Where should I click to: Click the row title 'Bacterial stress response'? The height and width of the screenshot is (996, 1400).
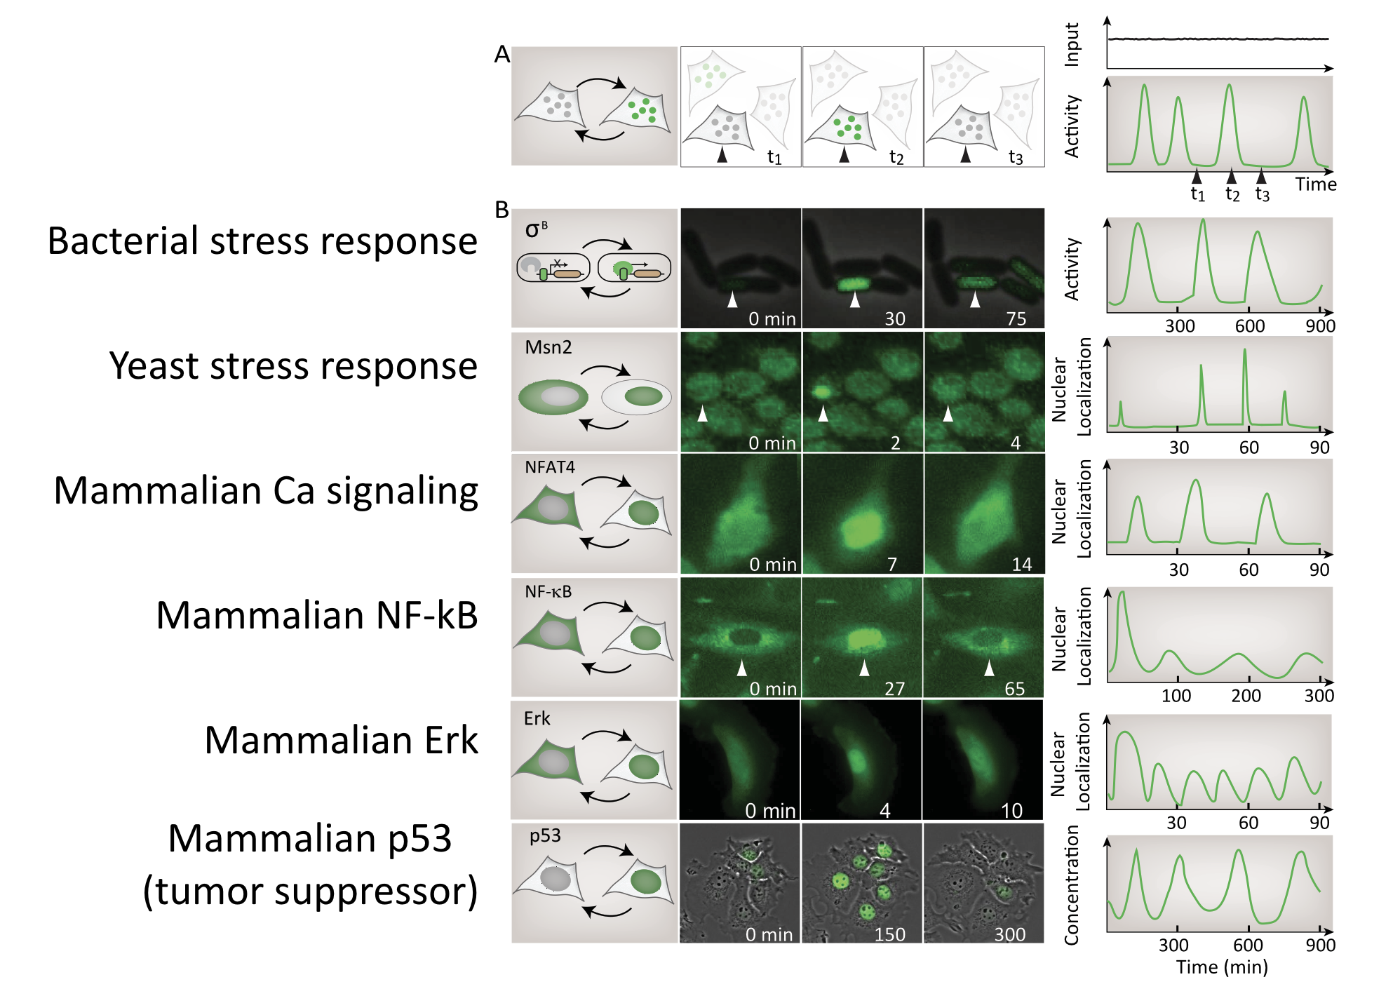262,241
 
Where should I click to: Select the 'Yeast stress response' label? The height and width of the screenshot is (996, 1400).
293,366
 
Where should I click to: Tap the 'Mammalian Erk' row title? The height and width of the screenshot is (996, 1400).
341,740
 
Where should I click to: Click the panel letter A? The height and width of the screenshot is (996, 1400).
502,55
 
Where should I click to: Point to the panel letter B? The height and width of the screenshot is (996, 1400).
502,210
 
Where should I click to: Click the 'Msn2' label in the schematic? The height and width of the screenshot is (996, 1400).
548,347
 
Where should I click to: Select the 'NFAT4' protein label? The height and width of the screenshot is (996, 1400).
549,467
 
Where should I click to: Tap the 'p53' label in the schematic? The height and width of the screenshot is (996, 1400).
545,836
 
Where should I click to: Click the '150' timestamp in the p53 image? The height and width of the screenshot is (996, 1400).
889,934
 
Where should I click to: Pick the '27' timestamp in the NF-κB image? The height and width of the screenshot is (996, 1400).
894,689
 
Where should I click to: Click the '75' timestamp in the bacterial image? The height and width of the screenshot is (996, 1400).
1016,319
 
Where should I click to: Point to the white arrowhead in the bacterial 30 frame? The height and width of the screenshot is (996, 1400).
854,300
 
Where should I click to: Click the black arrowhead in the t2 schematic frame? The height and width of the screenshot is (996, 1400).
844,154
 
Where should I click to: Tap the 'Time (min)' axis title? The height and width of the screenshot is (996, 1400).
1221,967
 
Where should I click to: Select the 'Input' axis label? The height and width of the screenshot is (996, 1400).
1072,44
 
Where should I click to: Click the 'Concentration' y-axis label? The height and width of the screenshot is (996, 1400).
1071,885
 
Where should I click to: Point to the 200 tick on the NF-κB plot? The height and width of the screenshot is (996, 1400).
1246,696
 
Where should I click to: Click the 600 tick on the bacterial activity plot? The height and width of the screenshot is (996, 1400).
1249,326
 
